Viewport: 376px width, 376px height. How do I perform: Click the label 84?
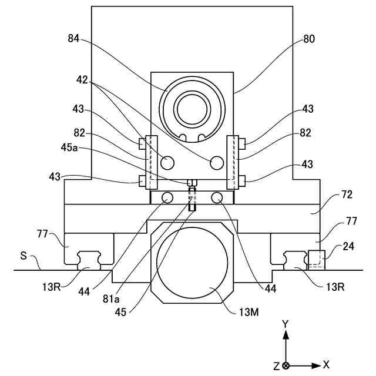coord(73,38)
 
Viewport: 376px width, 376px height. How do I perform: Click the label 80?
coord(309,39)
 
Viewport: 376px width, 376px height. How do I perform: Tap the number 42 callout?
coord(82,80)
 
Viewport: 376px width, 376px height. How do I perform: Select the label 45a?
coord(69,147)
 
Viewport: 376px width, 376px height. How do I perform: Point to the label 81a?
coord(111,299)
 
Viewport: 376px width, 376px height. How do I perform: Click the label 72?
coord(347,194)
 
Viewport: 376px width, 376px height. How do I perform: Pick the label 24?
coord(348,246)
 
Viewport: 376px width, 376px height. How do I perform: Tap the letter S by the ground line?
coord(23,256)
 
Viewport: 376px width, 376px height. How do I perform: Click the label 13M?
coord(249,312)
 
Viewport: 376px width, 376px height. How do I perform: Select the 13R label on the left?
coord(52,287)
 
